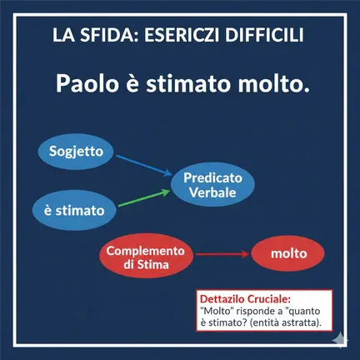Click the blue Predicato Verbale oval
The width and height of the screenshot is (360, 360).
(212, 185)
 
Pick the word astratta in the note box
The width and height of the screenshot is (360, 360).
(297, 322)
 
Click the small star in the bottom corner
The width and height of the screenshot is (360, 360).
(341, 341)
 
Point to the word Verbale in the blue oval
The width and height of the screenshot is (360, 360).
(212, 192)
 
